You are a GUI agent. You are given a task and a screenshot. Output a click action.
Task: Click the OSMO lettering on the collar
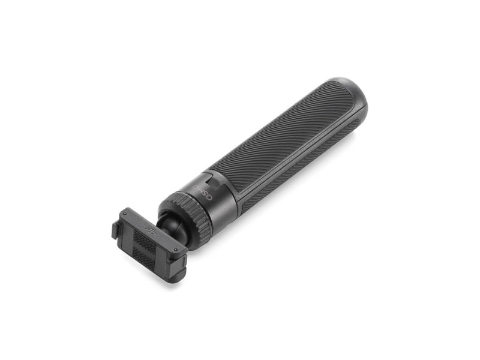[202, 192]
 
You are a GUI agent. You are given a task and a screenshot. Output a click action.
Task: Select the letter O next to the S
[209, 198]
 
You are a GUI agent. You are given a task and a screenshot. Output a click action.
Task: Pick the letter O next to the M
[196, 186]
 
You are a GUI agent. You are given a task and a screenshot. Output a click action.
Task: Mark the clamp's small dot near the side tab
[125, 214]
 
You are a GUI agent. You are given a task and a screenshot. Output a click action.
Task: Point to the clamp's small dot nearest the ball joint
[175, 250]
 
